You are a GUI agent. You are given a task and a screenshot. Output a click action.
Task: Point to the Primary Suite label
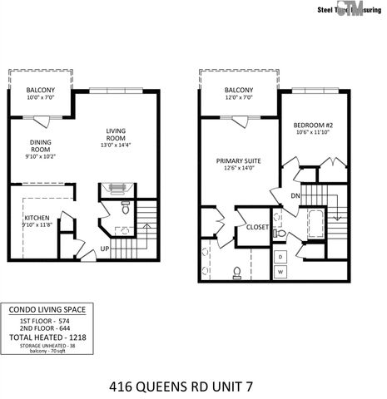click(239, 160)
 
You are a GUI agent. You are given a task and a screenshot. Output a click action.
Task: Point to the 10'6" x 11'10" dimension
click(313, 131)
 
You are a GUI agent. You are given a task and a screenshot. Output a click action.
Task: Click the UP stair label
click(105, 249)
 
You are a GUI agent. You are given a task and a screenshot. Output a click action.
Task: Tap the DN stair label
click(295, 196)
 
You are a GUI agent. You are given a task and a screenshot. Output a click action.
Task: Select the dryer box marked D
click(280, 256)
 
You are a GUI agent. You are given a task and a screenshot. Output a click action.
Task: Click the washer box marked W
click(280, 272)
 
